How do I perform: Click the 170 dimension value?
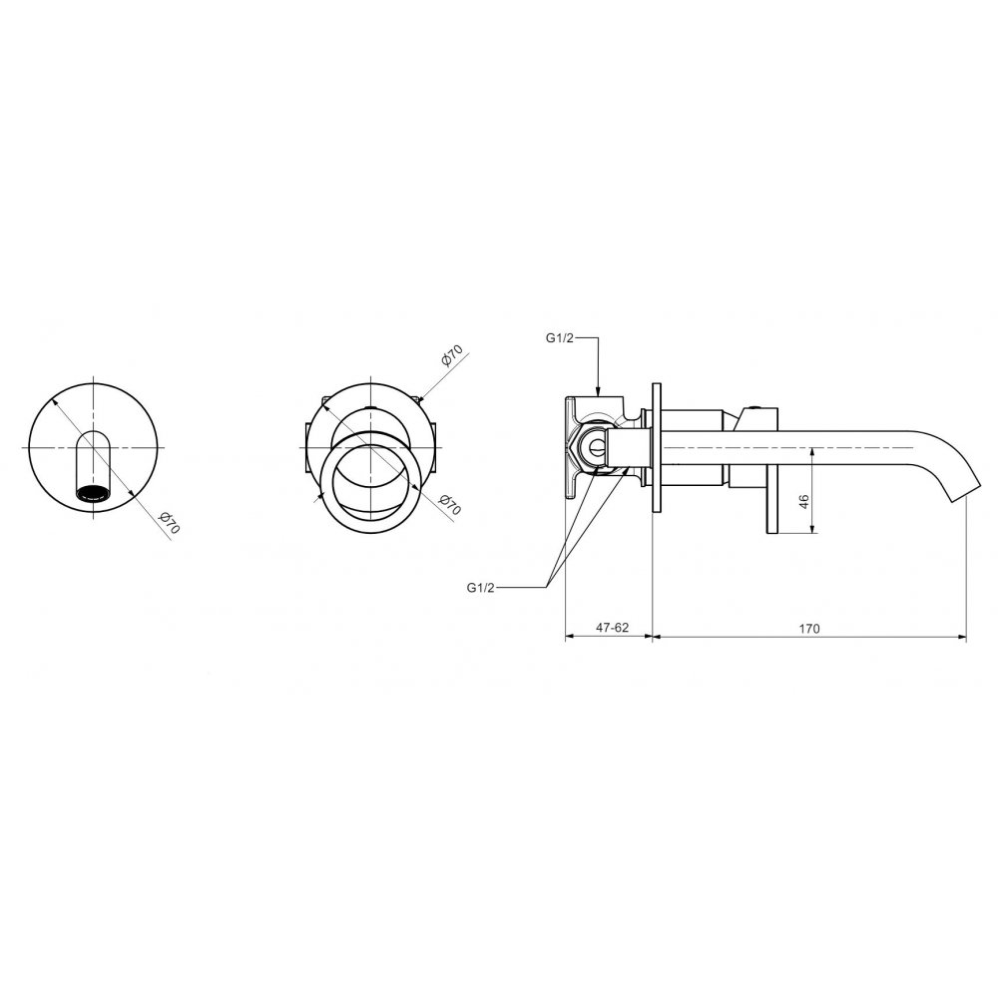pos(809,628)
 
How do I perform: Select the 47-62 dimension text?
pos(612,628)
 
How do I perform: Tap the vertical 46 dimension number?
pos(803,502)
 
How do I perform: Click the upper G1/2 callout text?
pos(560,338)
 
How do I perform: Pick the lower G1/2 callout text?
pos(481,588)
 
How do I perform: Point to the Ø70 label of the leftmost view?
pos(170,523)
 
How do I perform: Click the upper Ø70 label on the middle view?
pos(451,356)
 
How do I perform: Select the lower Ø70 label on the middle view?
pos(450,505)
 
